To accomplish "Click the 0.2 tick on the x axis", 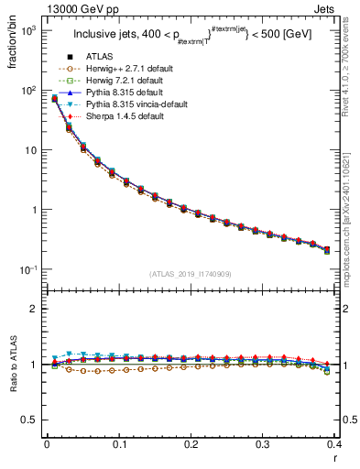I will tap(191, 445).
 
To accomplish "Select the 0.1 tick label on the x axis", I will tap(118, 445).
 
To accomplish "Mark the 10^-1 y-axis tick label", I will tap(29, 269).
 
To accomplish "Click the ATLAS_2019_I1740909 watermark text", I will tap(191, 274).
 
